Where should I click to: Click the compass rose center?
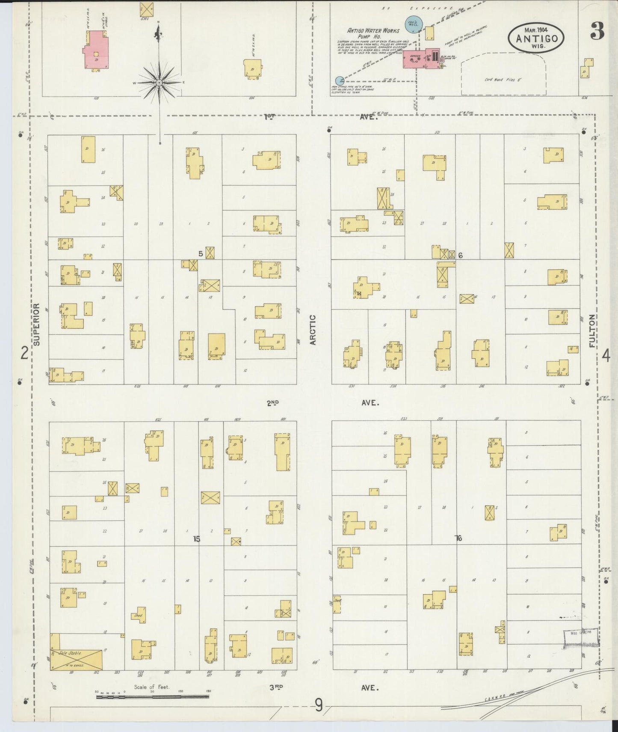coord(159,82)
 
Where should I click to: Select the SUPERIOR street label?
coord(37,324)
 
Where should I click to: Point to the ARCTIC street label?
coord(313,330)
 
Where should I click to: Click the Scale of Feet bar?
coord(153,696)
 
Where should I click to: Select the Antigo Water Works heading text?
coord(373,33)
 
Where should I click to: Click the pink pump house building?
coord(422,60)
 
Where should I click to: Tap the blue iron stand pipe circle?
coord(340,80)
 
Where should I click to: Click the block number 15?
coord(196,539)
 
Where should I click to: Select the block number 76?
coord(458,539)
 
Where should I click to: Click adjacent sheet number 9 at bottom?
coord(319,705)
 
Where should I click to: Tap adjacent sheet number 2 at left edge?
coord(25,354)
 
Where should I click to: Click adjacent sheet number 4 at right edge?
coord(606,355)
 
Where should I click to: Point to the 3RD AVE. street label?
coord(324,687)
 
